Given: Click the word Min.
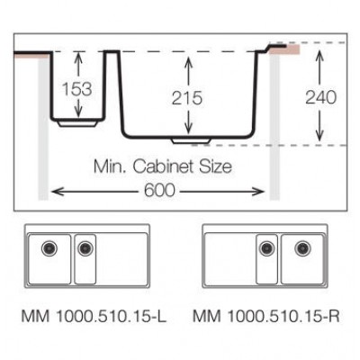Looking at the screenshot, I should tap(112, 166).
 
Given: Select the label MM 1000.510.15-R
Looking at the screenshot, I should tap(265, 316).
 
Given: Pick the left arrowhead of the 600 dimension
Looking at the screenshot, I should tap(54, 190).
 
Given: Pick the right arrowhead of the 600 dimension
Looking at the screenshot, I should tap(264, 190).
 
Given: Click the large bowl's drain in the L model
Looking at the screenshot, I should tap(49, 246).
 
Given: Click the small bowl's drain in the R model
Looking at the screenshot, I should tap(266, 246).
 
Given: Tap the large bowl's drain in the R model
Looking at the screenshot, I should tap(301, 246).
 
